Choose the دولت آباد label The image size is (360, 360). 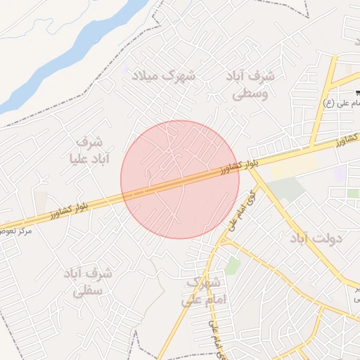point(314,238)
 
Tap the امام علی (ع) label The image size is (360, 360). point(338,104)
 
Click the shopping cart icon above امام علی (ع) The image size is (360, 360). point(358,93)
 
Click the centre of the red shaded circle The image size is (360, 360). point(180,180)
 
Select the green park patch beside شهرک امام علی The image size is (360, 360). point(232,266)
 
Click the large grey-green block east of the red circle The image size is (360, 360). point(285,188)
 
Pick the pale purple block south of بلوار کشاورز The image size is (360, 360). point(340,174)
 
